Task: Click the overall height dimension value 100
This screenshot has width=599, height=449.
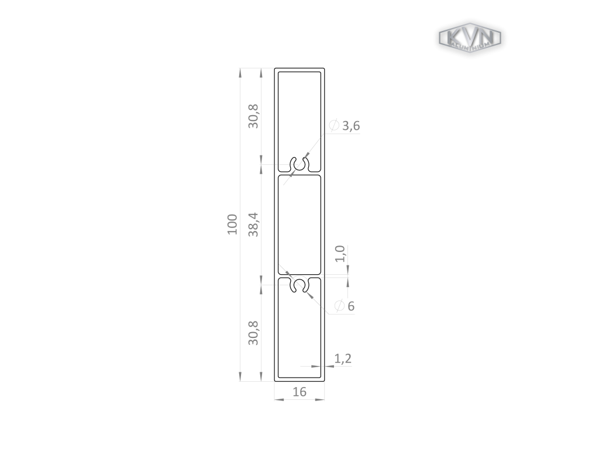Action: point(233,224)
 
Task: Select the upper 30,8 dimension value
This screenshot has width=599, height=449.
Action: point(253,116)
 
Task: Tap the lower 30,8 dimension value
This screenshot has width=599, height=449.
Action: point(253,333)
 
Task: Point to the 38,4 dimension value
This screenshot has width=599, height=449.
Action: point(253,224)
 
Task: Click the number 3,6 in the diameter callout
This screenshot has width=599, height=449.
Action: point(351,126)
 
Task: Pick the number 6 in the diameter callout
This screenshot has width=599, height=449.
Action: point(351,306)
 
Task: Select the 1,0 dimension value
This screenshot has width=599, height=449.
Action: point(340,254)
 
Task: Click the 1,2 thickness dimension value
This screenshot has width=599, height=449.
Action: point(343,358)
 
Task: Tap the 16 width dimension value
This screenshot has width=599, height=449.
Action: point(299,392)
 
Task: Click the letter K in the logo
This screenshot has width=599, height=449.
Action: point(453,37)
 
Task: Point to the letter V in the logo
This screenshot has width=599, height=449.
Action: point(470,36)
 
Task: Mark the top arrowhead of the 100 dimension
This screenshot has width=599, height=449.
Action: point(240,72)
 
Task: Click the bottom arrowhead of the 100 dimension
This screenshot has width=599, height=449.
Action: point(240,377)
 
